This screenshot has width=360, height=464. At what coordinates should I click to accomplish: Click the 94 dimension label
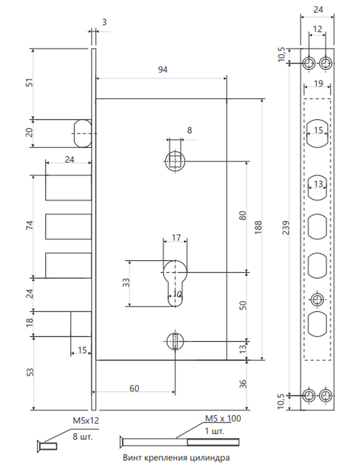163,70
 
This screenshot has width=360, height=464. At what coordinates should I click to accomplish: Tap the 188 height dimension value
258,227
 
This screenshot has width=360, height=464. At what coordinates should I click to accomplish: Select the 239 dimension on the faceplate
286,227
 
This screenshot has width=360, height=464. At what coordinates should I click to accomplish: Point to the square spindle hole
175,161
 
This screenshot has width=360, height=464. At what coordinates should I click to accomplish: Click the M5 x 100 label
223,419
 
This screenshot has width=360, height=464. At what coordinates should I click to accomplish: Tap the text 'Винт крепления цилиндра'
176,458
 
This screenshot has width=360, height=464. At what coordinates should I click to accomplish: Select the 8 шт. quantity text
83,437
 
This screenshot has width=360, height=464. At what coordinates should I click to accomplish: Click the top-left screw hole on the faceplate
309,63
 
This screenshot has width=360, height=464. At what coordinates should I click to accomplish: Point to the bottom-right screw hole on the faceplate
326,395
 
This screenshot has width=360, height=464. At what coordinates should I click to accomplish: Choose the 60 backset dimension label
134,388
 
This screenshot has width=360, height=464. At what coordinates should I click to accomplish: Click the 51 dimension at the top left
30,82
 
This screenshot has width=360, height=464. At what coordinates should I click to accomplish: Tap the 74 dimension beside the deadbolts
30,225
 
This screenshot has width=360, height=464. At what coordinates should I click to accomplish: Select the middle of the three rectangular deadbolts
68,226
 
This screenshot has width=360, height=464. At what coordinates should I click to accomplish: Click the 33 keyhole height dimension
126,282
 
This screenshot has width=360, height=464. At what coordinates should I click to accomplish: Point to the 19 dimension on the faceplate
318,84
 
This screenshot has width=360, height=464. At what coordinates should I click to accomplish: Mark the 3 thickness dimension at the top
104,22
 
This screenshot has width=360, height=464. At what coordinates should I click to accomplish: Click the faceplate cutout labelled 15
317,134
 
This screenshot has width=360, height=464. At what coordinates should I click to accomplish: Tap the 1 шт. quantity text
214,431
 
